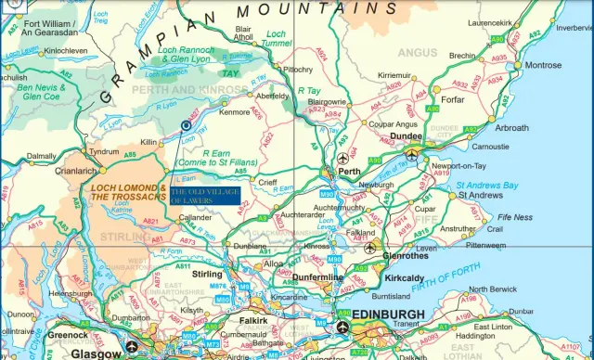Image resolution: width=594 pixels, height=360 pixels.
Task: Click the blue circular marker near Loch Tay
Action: [x=186, y=124]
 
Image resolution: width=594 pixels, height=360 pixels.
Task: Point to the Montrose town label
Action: [x=543, y=66]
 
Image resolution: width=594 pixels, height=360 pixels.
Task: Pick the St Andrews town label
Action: [x=480, y=196]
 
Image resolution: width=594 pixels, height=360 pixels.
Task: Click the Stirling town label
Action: [x=207, y=275]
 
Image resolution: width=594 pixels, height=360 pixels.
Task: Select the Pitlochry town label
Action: [x=298, y=69]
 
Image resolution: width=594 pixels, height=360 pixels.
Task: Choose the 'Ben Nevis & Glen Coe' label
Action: [x=42, y=91]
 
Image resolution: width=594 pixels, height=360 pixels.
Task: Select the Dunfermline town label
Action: [x=317, y=277]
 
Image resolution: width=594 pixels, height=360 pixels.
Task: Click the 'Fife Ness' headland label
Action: [x=515, y=217]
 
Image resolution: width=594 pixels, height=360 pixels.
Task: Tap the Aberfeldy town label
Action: [x=272, y=96]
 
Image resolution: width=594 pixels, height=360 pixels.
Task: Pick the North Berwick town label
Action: [x=491, y=289]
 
